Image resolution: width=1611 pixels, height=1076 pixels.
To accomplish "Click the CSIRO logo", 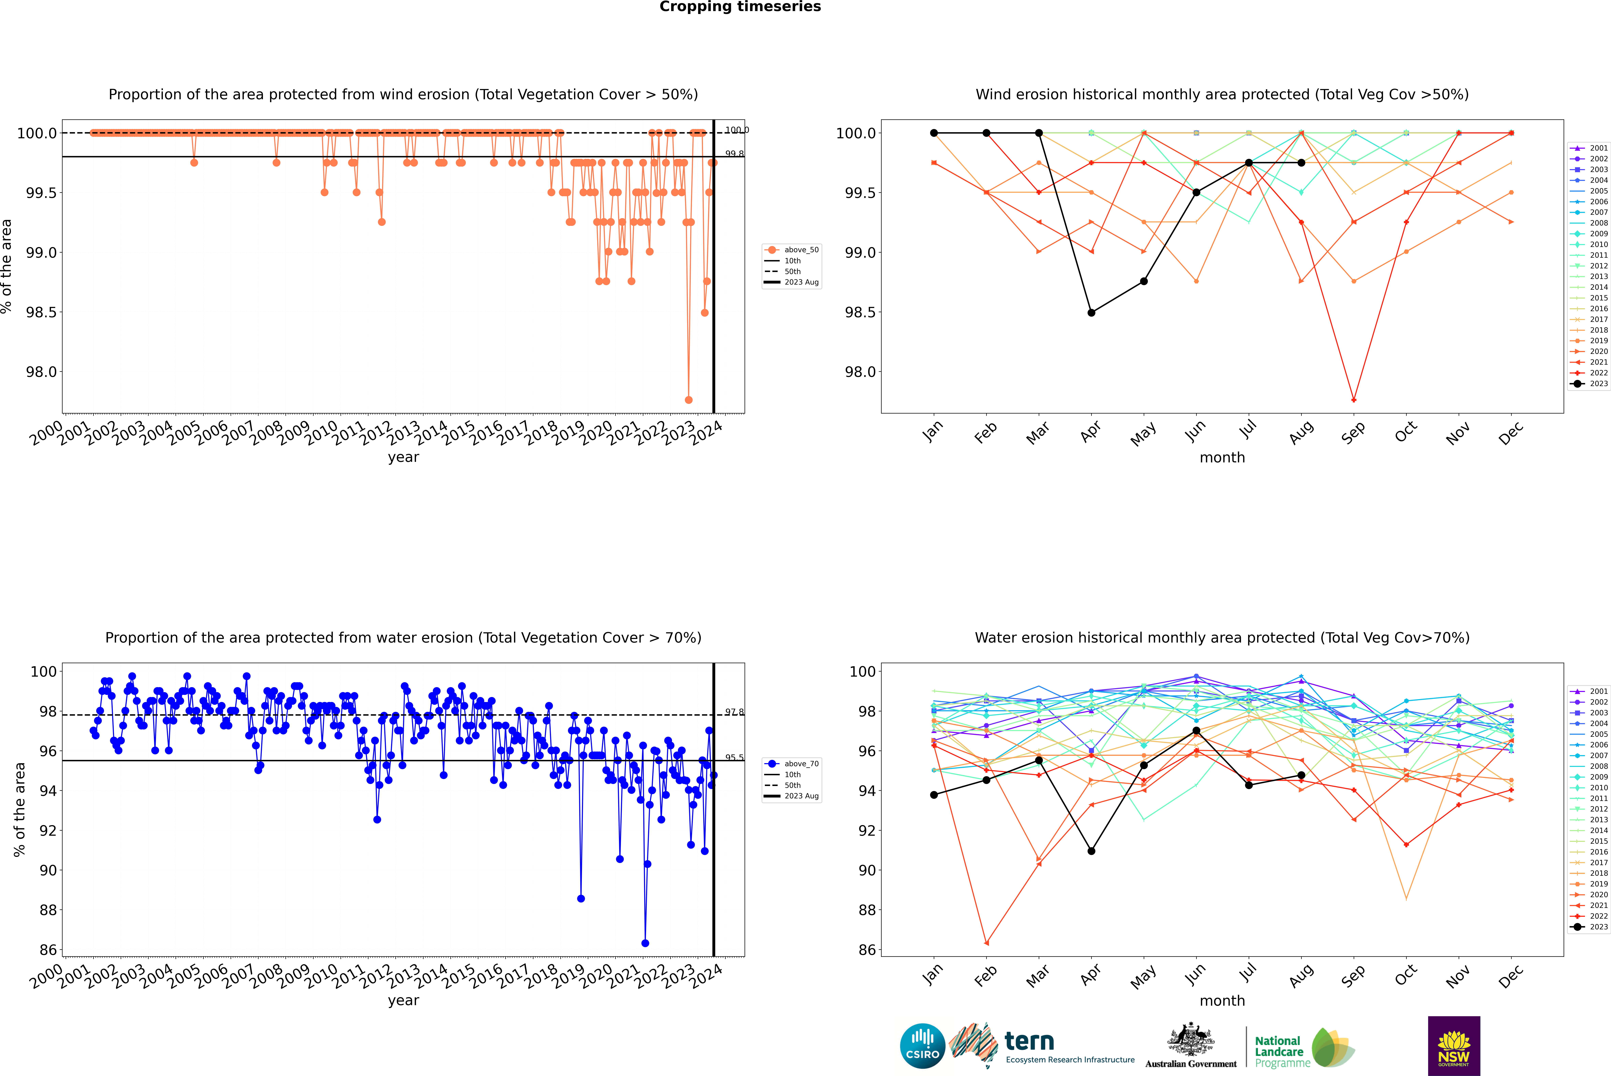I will point(922,1046).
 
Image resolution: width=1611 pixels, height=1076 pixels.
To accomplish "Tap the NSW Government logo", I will point(1454,1046).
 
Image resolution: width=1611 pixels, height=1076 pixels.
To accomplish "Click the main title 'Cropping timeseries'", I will point(740,7).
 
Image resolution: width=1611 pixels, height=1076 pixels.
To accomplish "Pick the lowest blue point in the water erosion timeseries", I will point(645,943).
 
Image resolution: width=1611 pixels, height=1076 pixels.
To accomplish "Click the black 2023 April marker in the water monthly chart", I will point(1091,851).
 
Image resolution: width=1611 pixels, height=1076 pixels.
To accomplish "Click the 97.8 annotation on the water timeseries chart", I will point(734,712).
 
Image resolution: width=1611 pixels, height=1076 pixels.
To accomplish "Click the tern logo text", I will point(1029,1042).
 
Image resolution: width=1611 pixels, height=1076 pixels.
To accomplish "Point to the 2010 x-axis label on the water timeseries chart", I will point(321,976).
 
